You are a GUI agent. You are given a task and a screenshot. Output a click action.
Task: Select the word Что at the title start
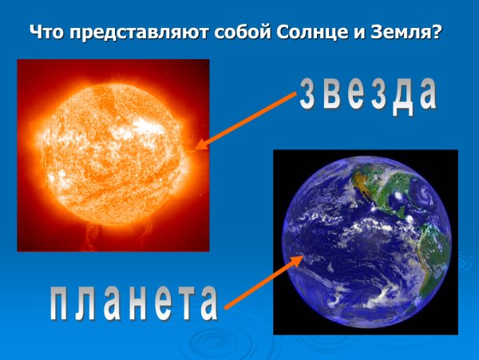point(46,34)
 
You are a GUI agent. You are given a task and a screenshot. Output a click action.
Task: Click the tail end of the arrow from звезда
point(295,94)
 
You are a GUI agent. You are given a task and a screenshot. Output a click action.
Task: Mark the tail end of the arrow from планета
point(227,307)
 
